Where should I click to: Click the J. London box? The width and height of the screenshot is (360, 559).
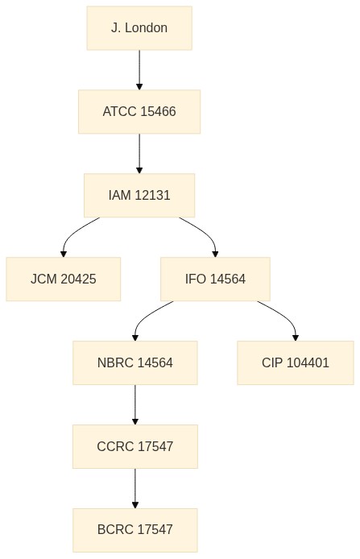pos(139,28)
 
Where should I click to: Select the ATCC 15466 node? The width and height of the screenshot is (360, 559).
pos(139,112)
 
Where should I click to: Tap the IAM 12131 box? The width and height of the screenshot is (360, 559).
pos(139,196)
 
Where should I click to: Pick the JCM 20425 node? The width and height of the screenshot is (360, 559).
pos(64,279)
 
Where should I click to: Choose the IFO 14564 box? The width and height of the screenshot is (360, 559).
pos(215,279)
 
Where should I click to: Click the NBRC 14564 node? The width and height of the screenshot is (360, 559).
pos(135,363)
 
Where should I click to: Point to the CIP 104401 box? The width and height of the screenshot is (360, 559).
pos(296,363)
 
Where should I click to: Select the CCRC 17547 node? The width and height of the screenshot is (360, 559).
pos(135,446)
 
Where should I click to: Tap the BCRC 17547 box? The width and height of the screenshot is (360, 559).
pos(135,530)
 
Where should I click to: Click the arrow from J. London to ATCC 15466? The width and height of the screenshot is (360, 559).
pos(139,70)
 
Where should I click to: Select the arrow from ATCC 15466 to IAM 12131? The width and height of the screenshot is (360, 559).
pos(139,154)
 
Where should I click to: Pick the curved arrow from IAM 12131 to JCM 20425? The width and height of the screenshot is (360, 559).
pos(73,233)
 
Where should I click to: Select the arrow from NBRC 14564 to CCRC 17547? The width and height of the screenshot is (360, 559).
pos(135,405)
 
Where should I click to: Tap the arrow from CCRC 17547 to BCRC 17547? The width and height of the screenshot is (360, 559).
pos(135,488)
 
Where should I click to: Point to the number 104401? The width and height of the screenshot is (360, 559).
pos(308,363)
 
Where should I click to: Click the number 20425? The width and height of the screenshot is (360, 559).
pos(78,279)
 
